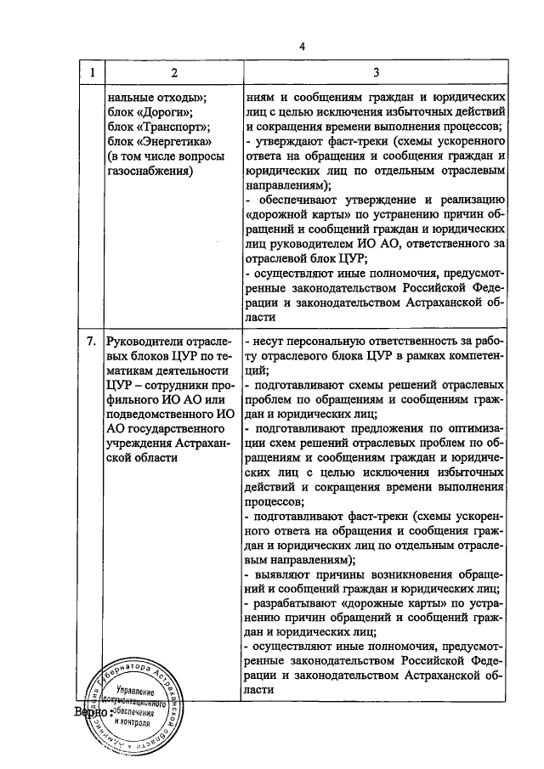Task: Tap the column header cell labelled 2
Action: click(x=172, y=73)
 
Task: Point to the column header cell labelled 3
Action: click(x=375, y=73)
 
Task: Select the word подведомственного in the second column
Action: click(x=160, y=415)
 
